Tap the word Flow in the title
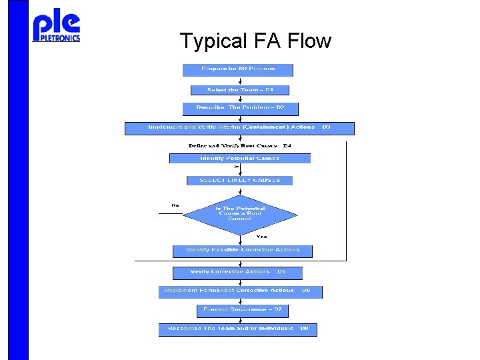309,41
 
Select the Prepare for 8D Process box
238,69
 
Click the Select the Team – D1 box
241,89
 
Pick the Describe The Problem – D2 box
241,108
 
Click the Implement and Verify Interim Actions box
231,127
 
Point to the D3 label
326,127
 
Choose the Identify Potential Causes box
240,159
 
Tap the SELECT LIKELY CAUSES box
239,180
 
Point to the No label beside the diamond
175,205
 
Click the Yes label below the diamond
262,236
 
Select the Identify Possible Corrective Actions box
243,251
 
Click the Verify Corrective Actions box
230,272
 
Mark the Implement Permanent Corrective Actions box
227,291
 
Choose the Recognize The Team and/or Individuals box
231,329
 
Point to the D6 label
307,291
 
